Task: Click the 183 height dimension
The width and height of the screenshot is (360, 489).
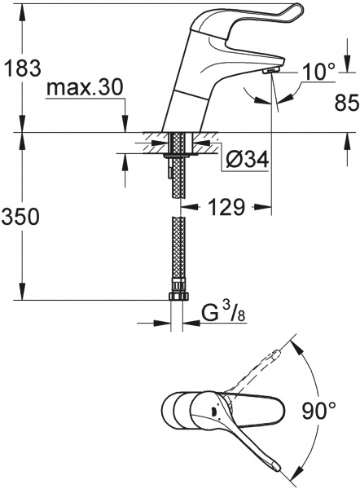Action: click(x=21, y=68)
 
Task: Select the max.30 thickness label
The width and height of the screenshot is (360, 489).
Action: click(x=84, y=88)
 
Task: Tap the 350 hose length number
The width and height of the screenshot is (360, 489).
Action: click(x=20, y=217)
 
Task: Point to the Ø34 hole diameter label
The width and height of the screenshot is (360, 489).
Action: click(x=248, y=161)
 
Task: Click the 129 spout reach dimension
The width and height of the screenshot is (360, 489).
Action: click(x=226, y=207)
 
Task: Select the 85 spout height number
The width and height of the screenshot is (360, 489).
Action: click(x=347, y=103)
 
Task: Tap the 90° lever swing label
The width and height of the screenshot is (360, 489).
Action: click(x=318, y=411)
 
